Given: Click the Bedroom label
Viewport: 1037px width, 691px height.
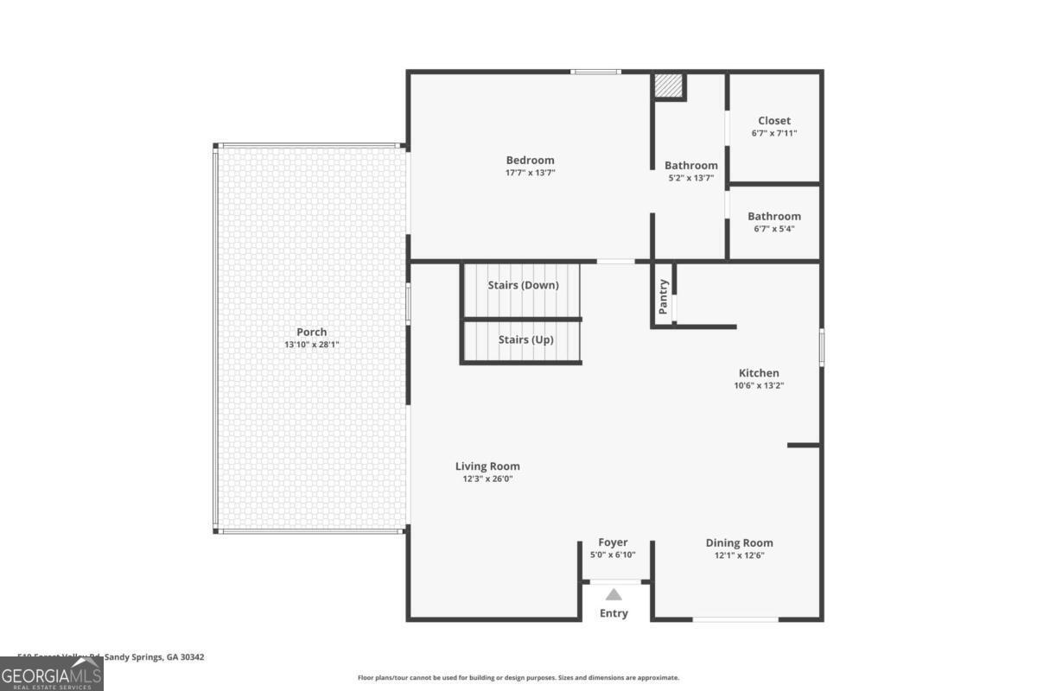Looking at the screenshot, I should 530,160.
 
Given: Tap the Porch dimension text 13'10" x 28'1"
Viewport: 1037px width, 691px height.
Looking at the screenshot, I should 312,345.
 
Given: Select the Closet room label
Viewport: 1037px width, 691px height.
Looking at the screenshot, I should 774,121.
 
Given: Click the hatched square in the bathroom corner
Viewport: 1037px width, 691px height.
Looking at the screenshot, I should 667,86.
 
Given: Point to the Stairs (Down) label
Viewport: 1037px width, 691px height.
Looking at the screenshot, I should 523,285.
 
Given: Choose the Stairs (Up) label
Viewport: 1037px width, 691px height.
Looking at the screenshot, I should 525,339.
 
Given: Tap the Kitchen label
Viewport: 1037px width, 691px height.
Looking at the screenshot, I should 759,373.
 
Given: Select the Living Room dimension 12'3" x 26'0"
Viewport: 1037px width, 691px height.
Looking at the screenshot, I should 487,479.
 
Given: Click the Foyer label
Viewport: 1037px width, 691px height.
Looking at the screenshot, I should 613,542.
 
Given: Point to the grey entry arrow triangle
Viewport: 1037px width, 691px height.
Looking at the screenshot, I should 614,594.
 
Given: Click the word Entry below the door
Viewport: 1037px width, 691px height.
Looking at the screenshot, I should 614,613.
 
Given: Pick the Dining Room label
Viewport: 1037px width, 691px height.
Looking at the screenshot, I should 739,542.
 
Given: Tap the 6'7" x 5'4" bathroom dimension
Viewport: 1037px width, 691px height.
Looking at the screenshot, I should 774,229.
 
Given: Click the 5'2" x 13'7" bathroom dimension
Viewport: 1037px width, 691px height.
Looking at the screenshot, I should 690,178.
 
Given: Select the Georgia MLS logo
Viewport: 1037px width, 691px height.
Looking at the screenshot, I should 52,674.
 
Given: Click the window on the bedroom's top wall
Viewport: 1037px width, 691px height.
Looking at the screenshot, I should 595,72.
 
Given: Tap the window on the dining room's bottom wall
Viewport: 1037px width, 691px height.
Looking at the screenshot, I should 735,618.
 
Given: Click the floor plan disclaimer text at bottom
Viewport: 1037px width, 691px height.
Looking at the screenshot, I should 518,678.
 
